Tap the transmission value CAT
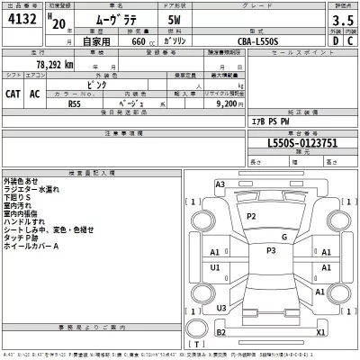pyautogui.click(x=14, y=93)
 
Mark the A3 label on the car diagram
pyautogui.click(x=220, y=184)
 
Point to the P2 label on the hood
pyautogui.click(x=251, y=217)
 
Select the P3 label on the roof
pyautogui.click(x=270, y=250)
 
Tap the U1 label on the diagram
pyautogui.click(x=215, y=268)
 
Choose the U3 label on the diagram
pyautogui.click(x=220, y=309)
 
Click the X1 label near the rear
pyautogui.click(x=319, y=331)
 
